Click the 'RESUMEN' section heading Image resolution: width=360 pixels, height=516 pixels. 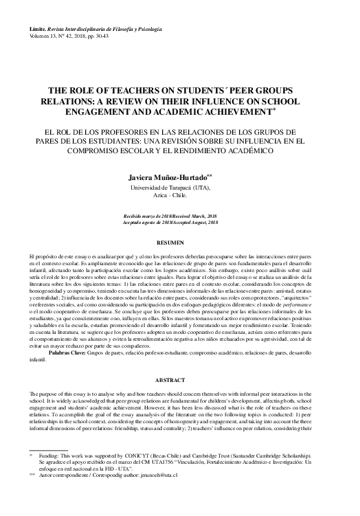click(x=179, y=243)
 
